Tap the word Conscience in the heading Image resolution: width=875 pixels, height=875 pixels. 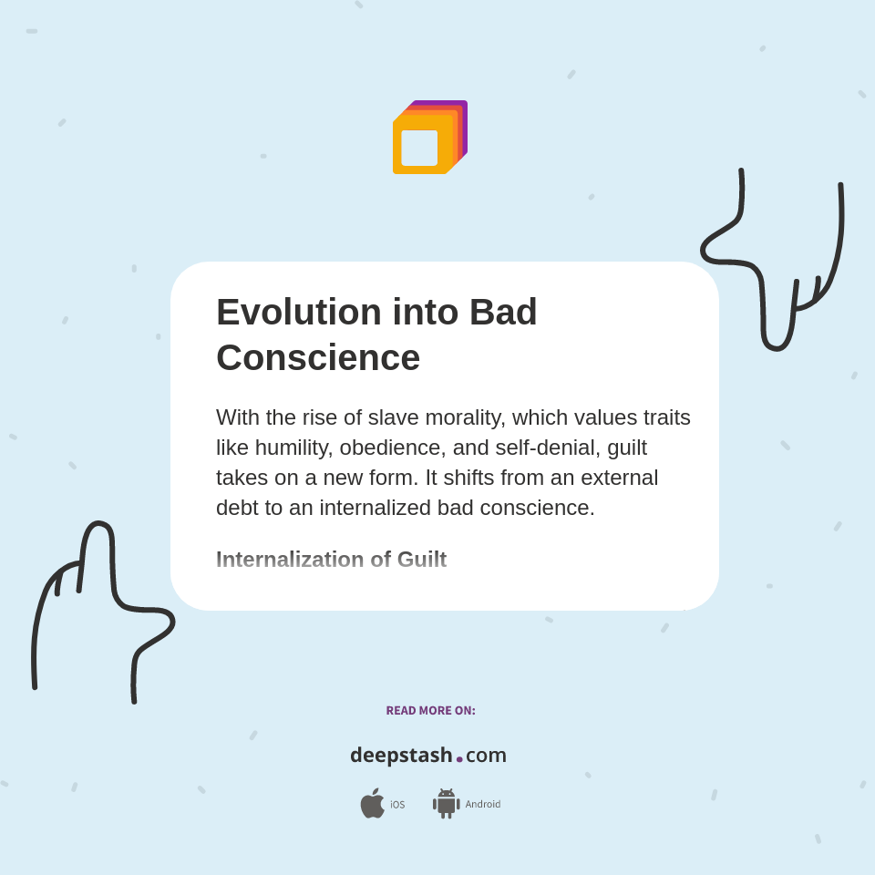click(x=318, y=357)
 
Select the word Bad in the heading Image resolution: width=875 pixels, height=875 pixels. click(x=503, y=312)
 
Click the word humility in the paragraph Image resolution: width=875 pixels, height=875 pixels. click(x=293, y=448)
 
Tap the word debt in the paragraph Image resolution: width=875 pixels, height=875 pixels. click(x=237, y=508)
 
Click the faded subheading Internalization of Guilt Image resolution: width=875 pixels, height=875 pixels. click(x=331, y=560)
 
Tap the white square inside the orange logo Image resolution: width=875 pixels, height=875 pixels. click(x=419, y=148)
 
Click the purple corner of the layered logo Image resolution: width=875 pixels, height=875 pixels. click(x=463, y=106)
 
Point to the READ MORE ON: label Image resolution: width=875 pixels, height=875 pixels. click(x=430, y=711)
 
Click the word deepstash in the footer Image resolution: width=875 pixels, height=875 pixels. click(x=401, y=756)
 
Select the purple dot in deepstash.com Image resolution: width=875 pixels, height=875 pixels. click(x=459, y=759)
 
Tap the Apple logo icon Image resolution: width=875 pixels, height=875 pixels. click(x=372, y=803)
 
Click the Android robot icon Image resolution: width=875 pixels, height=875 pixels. click(x=447, y=804)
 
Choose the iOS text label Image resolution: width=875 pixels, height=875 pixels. click(x=397, y=805)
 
